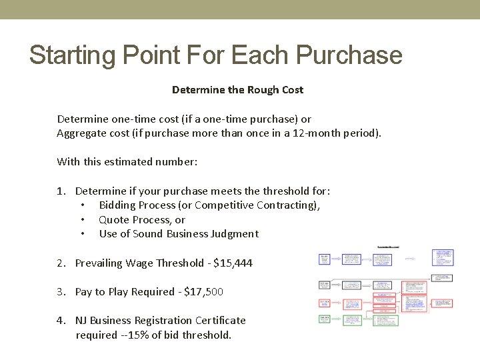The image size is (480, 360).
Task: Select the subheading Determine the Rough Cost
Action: tap(237, 89)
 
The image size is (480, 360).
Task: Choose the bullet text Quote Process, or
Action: tap(142, 220)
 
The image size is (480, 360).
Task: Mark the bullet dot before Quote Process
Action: tap(83, 220)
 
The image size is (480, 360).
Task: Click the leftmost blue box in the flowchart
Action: tap(324, 259)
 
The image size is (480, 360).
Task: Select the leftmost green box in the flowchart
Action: tap(324, 320)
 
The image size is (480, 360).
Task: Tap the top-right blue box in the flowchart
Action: tap(443, 257)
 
